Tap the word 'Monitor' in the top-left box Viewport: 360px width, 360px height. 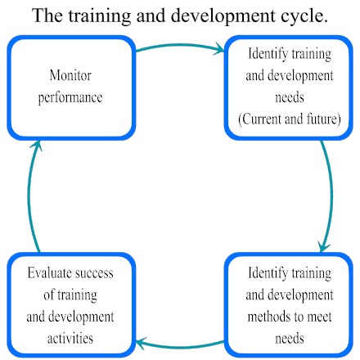[x=70, y=75]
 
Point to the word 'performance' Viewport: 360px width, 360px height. [x=70, y=97]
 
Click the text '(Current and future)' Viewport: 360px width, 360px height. [x=290, y=119]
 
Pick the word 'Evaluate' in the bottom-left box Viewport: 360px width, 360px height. [x=47, y=273]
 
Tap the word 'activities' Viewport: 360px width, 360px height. [x=70, y=339]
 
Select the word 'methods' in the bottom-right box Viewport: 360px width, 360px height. [x=269, y=317]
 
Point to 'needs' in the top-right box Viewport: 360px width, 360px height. [x=290, y=97]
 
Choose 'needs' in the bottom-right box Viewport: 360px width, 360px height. [x=290, y=339]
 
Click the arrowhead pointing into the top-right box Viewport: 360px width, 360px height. [x=219, y=49]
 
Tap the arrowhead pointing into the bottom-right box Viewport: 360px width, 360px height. [x=324, y=247]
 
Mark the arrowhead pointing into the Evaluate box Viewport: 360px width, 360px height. [x=142, y=343]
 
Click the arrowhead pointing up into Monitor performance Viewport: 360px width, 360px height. [x=37, y=146]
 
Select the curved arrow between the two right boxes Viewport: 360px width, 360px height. [x=331, y=195]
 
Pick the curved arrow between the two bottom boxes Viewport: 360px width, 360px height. [x=180, y=347]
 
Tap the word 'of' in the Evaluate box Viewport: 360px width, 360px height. [x=49, y=295]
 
